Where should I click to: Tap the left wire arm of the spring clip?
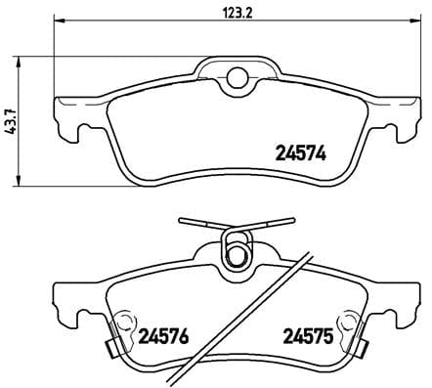point(199,224)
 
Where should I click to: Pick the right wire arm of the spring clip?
point(273,224)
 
